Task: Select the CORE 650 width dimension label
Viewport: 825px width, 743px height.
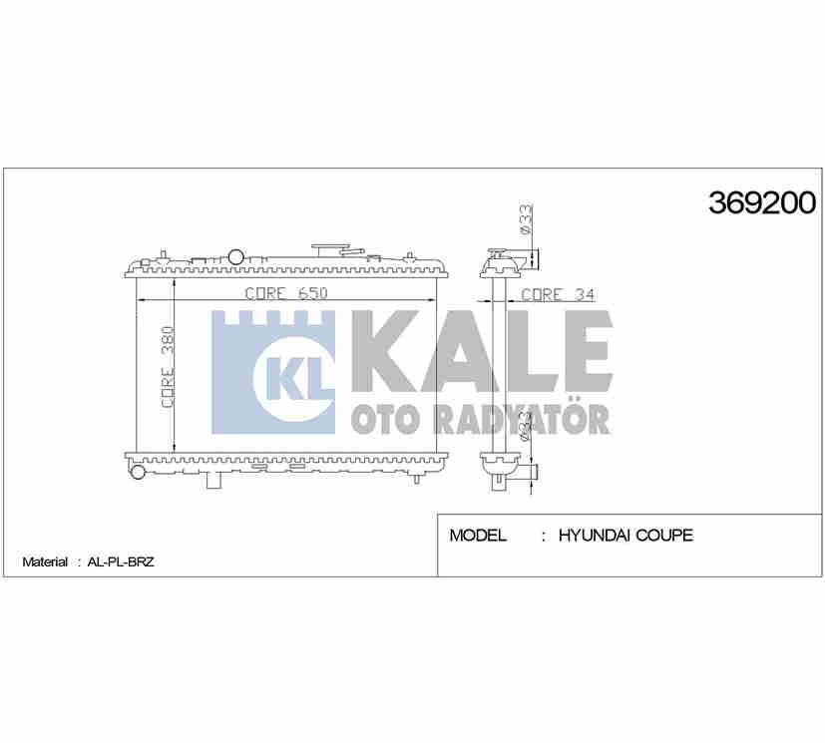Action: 286,293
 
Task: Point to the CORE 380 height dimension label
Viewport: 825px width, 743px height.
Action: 168,366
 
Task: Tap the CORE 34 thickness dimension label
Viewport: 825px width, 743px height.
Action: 558,294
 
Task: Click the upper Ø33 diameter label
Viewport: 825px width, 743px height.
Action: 526,218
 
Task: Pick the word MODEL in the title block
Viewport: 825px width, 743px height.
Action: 478,536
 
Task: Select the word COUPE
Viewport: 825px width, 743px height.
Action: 664,536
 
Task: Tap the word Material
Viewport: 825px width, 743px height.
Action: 45,561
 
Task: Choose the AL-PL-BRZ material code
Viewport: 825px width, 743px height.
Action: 121,561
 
